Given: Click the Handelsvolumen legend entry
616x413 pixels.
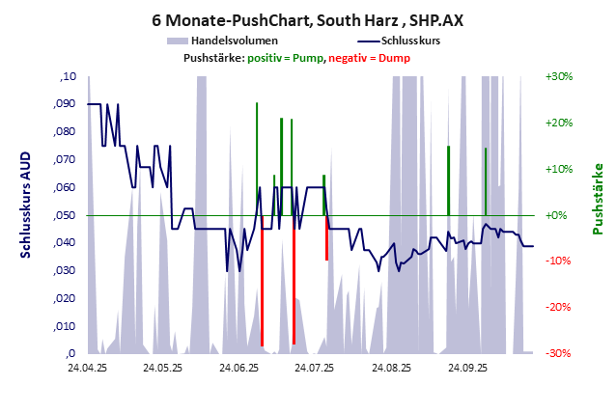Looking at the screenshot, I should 236,41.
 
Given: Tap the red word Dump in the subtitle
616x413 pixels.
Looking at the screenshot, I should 396,59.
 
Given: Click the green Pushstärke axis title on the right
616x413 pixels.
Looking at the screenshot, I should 598,199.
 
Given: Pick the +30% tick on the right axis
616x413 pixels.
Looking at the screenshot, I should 559,76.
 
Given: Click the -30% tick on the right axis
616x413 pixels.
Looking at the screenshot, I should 559,353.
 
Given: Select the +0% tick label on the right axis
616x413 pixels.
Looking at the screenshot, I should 559,215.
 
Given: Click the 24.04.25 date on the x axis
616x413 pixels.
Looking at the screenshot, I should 87,368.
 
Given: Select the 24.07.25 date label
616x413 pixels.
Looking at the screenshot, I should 314,368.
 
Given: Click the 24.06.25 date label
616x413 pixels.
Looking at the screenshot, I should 238,368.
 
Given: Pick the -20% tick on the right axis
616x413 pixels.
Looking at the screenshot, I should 559,307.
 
